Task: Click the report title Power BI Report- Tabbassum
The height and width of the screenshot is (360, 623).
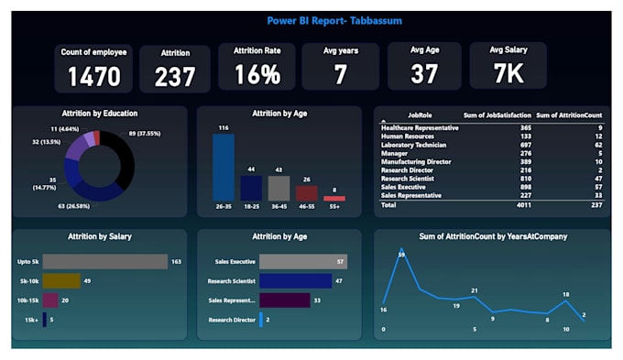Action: coord(333,20)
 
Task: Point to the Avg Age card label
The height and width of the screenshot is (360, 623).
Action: coord(423,51)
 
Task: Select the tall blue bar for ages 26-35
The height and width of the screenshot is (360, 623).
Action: coord(224,168)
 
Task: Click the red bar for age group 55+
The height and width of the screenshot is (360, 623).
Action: coord(334,198)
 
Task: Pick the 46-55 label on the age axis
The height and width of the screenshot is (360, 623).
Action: coord(307,208)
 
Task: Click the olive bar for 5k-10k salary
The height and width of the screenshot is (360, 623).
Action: coord(61,280)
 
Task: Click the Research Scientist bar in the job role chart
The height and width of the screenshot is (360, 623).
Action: coord(295,280)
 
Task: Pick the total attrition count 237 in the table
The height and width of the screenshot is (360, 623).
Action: coord(596,206)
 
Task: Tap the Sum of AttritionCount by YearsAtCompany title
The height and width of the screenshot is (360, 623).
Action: coord(492,236)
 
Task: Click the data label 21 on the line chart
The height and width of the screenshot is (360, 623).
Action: coord(475,291)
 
